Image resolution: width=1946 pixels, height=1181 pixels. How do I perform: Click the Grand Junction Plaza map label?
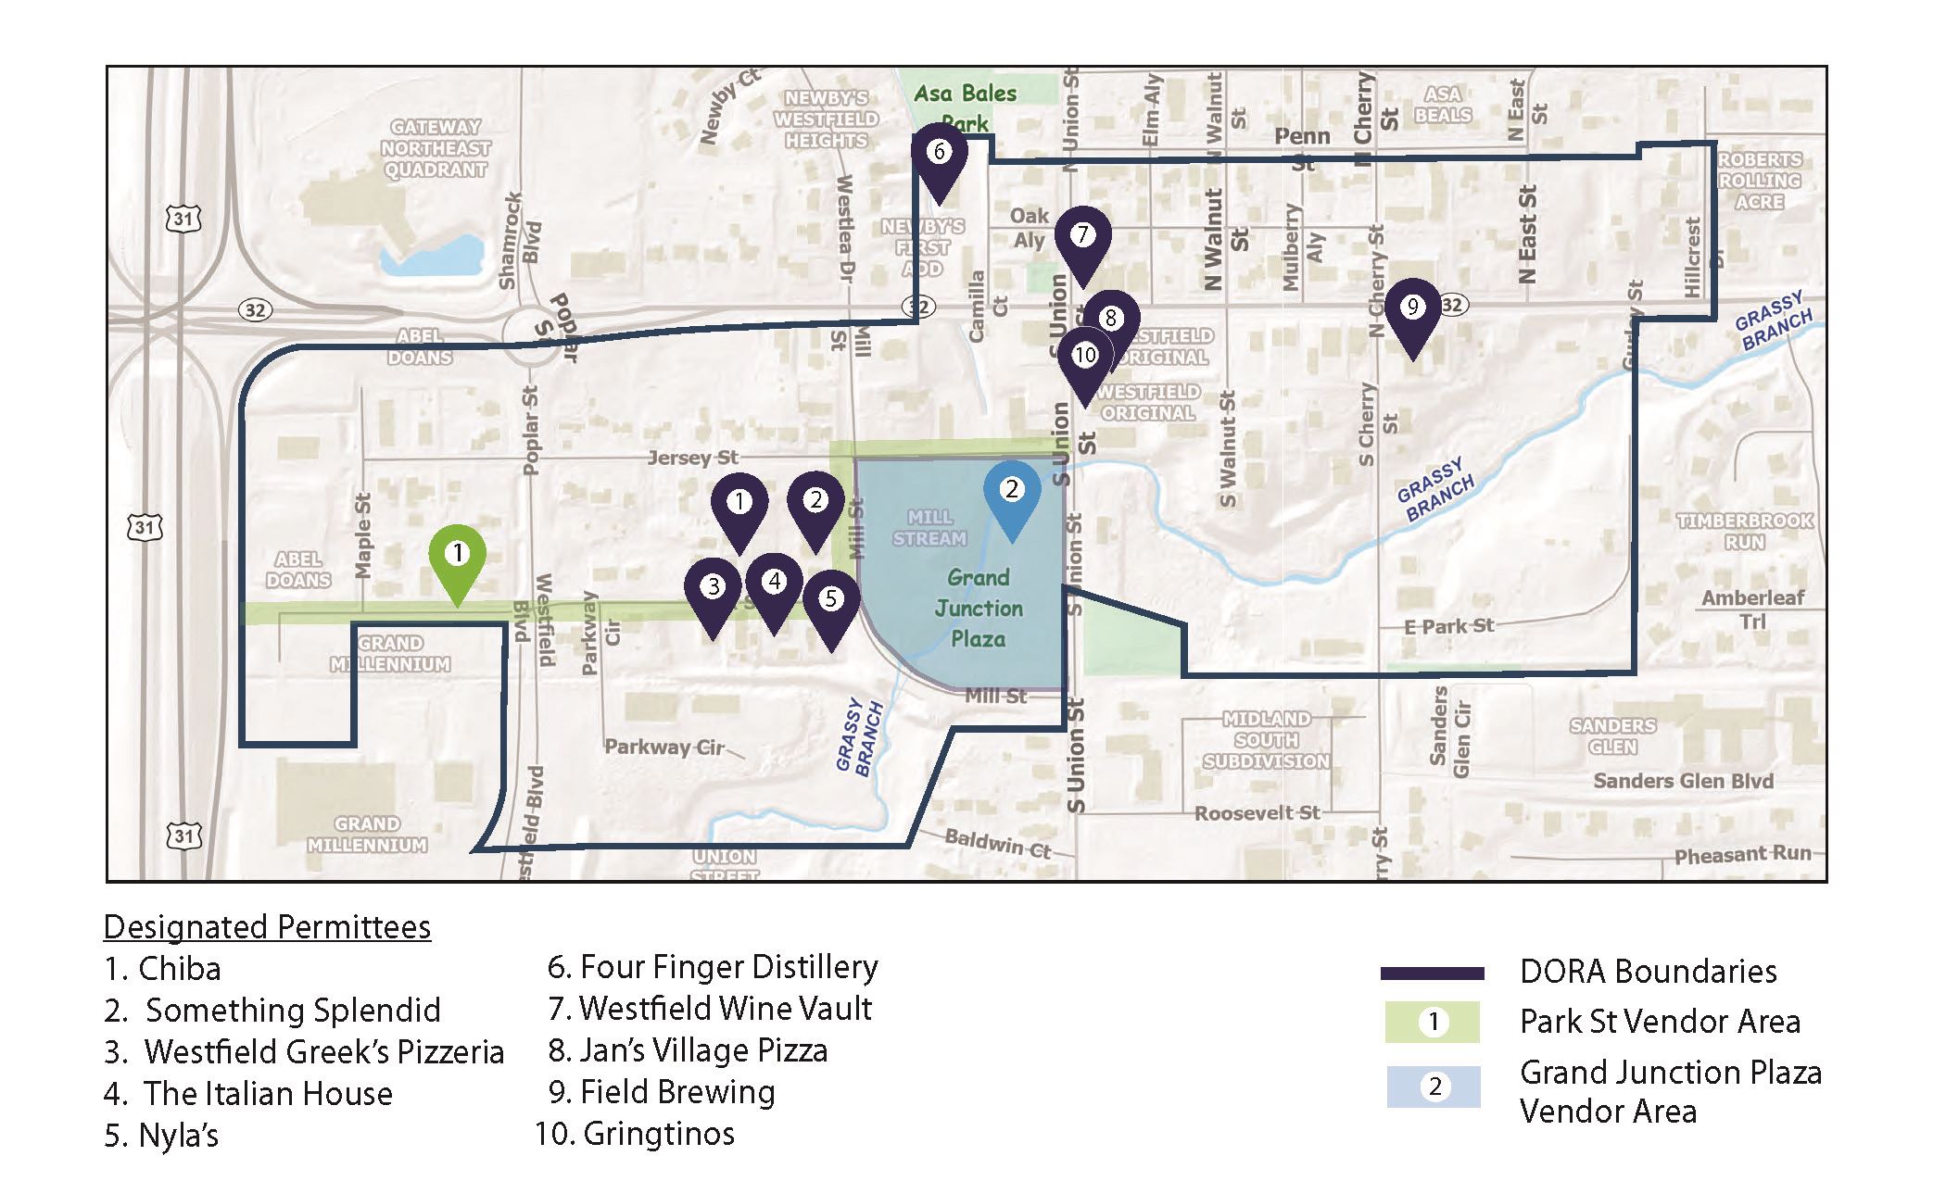coord(979,609)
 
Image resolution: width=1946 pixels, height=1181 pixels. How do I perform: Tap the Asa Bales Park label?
coord(965,107)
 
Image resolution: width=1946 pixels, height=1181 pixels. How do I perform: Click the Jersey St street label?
coord(692,458)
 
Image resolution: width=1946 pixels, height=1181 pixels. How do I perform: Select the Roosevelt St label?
coord(1257,813)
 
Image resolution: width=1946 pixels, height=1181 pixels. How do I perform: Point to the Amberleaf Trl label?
coord(1752,609)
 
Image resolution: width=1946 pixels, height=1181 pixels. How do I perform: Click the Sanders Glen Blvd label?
coord(1683,781)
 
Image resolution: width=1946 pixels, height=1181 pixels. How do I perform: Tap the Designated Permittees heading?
coord(267,927)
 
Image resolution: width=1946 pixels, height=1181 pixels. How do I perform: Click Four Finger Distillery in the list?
coord(713,967)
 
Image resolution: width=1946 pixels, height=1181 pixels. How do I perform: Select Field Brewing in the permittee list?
coord(662,1092)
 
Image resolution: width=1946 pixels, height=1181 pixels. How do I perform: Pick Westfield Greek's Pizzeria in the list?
coord(304,1052)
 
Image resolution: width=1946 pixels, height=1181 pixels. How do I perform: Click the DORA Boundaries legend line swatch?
coord(1432,974)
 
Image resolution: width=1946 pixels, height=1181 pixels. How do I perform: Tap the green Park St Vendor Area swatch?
coord(1433,1023)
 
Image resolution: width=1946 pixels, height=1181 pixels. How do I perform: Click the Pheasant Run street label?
coord(1742,855)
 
